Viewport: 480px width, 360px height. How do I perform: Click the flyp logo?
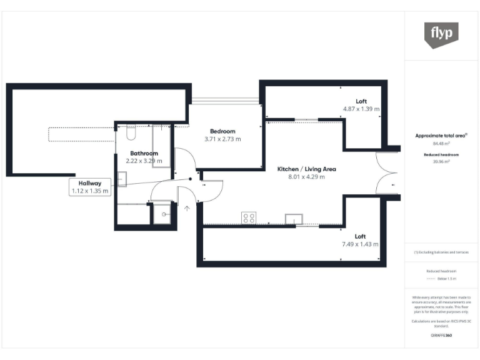(x=441, y=34)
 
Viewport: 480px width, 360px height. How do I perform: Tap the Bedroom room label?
(x=222, y=131)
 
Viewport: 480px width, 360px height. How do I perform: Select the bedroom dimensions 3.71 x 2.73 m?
(x=222, y=139)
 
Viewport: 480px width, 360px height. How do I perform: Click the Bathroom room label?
(x=144, y=153)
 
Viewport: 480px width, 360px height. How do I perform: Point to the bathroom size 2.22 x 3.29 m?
(x=144, y=161)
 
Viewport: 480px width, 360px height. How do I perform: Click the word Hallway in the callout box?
(x=90, y=183)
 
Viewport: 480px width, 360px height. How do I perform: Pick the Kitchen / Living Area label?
(x=306, y=169)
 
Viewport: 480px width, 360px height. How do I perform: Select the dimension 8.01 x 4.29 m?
(x=306, y=177)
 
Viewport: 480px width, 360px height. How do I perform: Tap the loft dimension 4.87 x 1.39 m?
(x=361, y=109)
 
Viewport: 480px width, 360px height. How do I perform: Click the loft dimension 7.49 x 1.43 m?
(x=360, y=244)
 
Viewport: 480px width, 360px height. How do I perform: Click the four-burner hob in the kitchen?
(x=248, y=218)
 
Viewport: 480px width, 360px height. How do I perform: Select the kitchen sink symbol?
(x=293, y=218)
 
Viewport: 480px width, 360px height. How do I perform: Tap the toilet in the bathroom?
(x=131, y=134)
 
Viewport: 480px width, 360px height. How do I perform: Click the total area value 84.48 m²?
(x=441, y=142)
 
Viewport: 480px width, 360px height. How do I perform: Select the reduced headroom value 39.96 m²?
(x=441, y=161)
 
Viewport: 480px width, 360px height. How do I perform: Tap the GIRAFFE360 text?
(x=441, y=336)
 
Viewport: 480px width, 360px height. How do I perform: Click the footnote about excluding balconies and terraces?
(x=441, y=252)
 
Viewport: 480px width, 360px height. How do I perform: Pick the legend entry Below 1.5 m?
(x=444, y=278)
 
